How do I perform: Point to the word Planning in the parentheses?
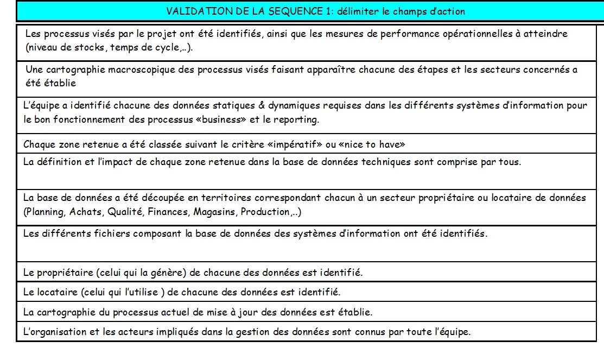pyautogui.click(x=46, y=212)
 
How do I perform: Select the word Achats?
pyautogui.click(x=87, y=212)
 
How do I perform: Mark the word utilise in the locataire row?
pyautogui.click(x=142, y=292)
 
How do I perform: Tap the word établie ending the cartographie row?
pyautogui.click(x=357, y=312)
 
